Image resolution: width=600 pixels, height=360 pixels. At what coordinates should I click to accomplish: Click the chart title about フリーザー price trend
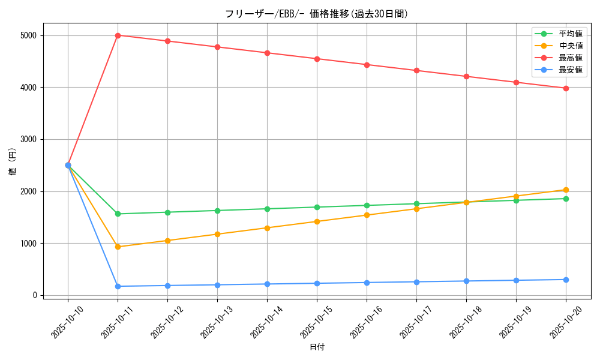pos(317,14)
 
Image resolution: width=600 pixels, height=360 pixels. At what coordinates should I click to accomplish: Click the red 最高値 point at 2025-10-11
pos(118,35)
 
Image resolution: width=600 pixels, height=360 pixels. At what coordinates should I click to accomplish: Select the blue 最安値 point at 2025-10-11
pos(118,286)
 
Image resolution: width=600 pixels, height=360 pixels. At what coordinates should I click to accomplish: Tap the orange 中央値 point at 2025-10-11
pos(118,247)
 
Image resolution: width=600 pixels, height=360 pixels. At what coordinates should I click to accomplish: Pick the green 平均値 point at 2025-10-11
pos(118,214)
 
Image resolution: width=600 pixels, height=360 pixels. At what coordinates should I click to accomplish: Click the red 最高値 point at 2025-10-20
pos(566,88)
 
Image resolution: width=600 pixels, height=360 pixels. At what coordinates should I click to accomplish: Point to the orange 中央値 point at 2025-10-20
pos(566,190)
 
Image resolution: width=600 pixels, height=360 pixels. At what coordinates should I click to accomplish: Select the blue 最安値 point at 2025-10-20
pos(566,280)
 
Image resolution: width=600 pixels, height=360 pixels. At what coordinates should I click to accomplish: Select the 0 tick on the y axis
pos(35,295)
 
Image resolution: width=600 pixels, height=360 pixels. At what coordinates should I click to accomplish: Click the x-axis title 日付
pos(317,347)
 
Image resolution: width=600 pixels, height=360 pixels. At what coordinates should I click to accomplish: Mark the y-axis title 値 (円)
pos(13,162)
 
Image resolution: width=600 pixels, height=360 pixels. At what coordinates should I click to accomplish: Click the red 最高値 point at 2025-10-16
pos(367,65)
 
